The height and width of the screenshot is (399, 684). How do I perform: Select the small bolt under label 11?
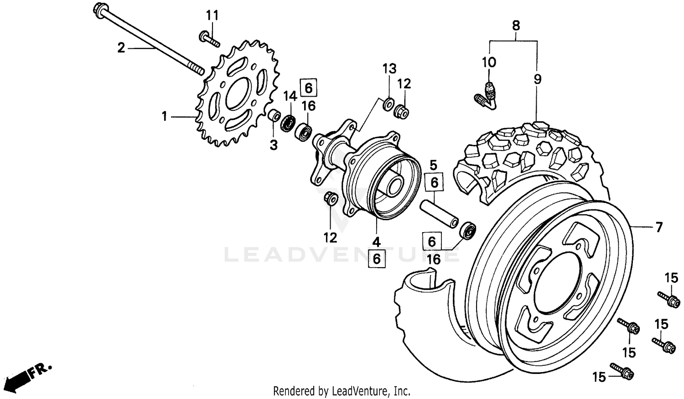click(209, 39)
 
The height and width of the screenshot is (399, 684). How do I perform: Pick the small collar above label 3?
click(274, 115)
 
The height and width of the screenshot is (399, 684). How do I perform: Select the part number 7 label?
click(658, 227)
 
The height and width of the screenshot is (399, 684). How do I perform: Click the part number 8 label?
click(516, 26)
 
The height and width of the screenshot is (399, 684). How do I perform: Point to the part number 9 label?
click(538, 79)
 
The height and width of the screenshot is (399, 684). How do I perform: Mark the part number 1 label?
click(165, 117)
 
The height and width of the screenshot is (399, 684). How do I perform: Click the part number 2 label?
click(121, 47)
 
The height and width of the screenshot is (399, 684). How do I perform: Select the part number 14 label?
click(290, 96)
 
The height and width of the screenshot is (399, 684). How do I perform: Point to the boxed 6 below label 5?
click(434, 182)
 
